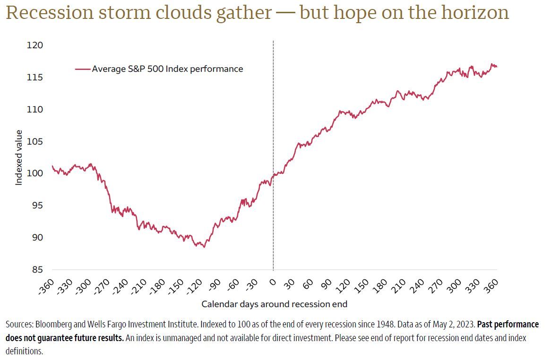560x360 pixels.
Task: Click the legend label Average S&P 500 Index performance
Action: click(167, 69)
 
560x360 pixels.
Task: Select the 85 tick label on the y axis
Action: click(37, 270)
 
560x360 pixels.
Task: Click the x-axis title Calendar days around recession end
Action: click(274, 304)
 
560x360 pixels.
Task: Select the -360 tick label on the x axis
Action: click(46, 286)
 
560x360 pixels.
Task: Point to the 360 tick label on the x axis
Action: click(491, 285)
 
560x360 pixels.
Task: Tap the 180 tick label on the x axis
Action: click(380, 285)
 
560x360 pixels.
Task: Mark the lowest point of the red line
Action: click(204, 247)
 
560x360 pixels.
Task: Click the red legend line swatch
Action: click(83, 69)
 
